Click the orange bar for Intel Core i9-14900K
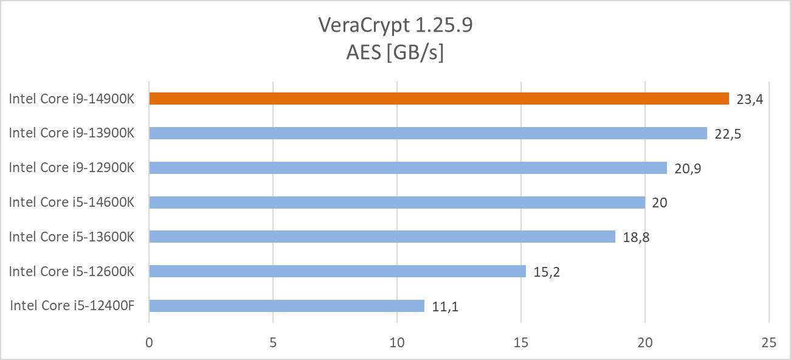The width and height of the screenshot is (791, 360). click(x=438, y=99)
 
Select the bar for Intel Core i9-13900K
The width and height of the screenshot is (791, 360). click(x=427, y=133)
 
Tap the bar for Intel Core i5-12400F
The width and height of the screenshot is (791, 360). click(x=286, y=306)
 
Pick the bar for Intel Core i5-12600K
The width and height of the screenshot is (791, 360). click(x=337, y=271)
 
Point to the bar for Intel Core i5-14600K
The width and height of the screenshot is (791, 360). click(x=396, y=202)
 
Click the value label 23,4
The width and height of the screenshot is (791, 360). click(x=749, y=99)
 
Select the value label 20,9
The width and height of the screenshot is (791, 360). click(x=688, y=168)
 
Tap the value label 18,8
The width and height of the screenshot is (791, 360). click(x=636, y=237)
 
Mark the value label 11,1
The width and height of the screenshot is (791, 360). click(x=445, y=306)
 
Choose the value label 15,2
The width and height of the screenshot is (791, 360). click(x=547, y=272)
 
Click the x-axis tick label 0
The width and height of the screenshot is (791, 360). click(x=149, y=343)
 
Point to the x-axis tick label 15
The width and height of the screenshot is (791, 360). click(x=521, y=343)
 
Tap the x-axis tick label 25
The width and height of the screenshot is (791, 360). click(x=769, y=343)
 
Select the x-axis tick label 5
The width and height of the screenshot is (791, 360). click(x=273, y=343)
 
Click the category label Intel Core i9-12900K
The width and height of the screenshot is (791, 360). click(x=71, y=168)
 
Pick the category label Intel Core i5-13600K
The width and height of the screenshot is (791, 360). click(x=71, y=237)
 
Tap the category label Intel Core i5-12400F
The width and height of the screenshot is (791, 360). click(x=71, y=306)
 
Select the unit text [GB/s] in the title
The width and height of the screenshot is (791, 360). click(x=418, y=53)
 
